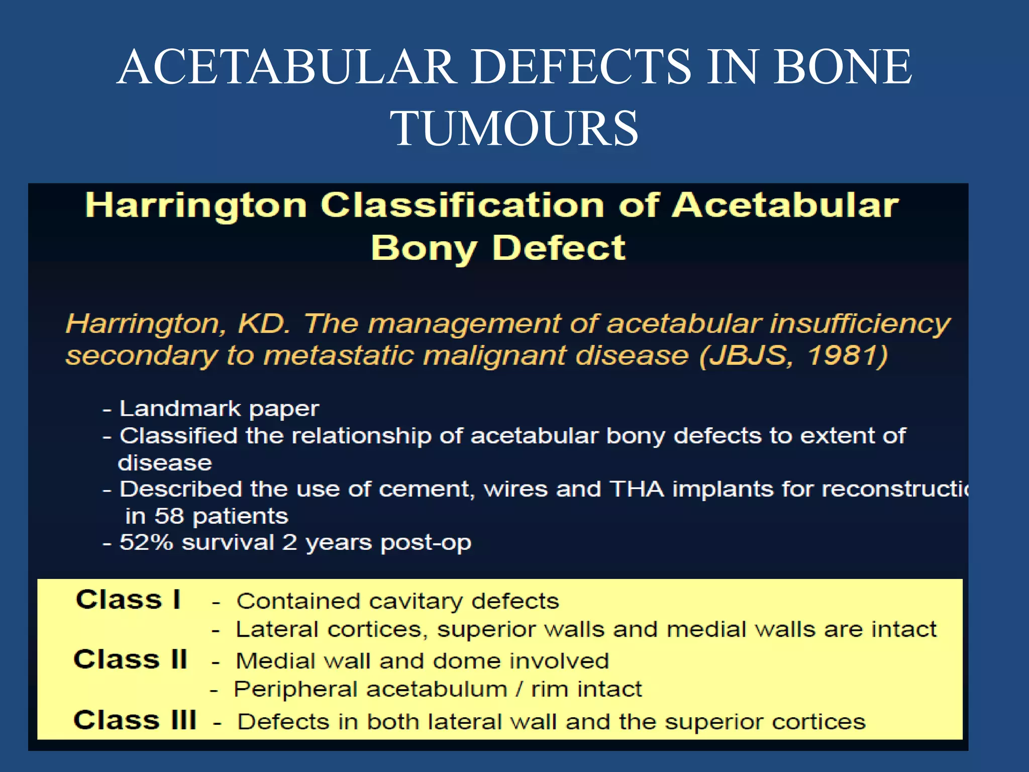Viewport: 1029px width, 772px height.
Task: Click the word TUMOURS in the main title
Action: (x=514, y=129)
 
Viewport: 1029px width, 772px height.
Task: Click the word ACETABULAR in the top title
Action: (x=287, y=67)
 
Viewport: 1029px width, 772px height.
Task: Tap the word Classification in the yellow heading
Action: (x=462, y=206)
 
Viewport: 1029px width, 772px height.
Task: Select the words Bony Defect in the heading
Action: (x=498, y=248)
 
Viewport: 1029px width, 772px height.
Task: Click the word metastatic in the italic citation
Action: (x=339, y=355)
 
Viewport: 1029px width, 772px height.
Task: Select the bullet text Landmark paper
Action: (x=219, y=409)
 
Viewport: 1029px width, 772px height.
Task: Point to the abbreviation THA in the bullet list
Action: (x=637, y=489)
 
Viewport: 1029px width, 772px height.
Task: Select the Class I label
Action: (x=128, y=599)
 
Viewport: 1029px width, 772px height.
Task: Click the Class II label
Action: (x=130, y=659)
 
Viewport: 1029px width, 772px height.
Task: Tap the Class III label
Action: (x=135, y=720)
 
